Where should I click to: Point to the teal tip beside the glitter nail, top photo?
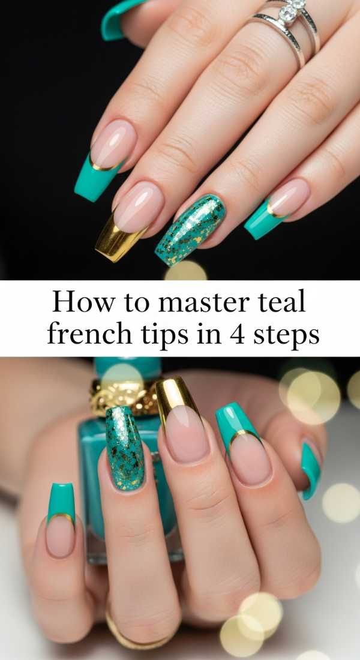[262, 220]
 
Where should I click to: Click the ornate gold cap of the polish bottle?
[123, 395]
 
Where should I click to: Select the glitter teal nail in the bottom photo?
[125, 447]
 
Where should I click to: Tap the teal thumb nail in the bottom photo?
[61, 502]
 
